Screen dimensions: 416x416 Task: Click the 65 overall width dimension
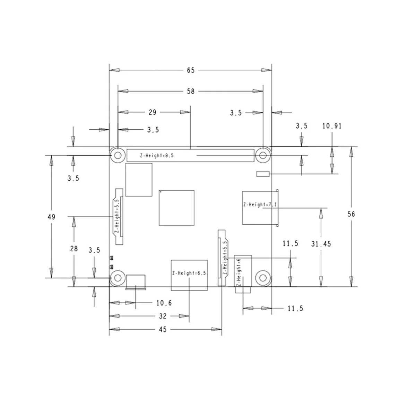pos(191,70)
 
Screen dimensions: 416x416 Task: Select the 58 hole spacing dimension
pos(191,91)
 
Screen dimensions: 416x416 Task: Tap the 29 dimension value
pos(153,112)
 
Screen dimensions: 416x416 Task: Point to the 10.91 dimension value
pos(332,126)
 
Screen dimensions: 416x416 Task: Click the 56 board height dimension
pos(351,214)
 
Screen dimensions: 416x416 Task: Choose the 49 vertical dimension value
pos(51,217)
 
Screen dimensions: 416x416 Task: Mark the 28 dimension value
pos(74,249)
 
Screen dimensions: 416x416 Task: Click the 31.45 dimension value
pos(321,244)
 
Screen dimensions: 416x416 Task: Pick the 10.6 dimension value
pos(164,303)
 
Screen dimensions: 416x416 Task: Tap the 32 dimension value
pos(163,316)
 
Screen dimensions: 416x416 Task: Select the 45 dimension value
pos(163,329)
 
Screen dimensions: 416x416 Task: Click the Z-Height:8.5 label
pos(157,155)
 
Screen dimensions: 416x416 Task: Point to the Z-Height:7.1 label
pos(260,205)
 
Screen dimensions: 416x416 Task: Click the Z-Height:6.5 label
pos(189,273)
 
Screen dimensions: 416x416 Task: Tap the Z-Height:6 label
pos(239,272)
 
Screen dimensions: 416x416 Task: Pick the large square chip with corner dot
pos(176,208)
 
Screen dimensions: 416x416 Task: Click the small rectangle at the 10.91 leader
pos(263,174)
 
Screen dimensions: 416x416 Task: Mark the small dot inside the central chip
pos(161,192)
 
